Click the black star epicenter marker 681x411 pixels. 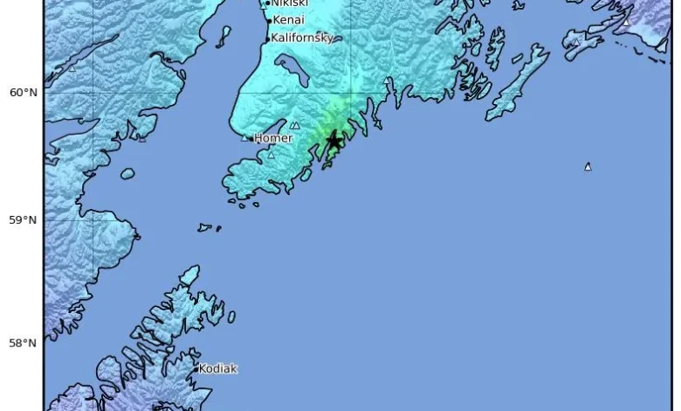coord(333,141)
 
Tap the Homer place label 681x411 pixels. coord(274,138)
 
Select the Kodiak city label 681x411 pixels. coord(218,369)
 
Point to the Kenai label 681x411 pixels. coord(289,20)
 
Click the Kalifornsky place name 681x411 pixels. coord(302,38)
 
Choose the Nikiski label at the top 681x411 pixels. coord(290,3)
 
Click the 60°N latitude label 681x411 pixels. coord(24,92)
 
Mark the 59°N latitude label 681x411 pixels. coord(24,219)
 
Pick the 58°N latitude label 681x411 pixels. coord(24,343)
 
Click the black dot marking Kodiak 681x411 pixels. coord(197,369)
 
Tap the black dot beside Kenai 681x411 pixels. coord(268,20)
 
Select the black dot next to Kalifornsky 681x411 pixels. coord(267,38)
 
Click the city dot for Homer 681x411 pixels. coord(254,138)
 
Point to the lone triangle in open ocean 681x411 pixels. coord(588,166)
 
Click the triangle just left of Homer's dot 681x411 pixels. coord(245,137)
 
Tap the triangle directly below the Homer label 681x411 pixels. coord(271,156)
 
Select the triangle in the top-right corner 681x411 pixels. coord(625,21)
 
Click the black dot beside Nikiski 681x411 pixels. coord(268,3)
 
